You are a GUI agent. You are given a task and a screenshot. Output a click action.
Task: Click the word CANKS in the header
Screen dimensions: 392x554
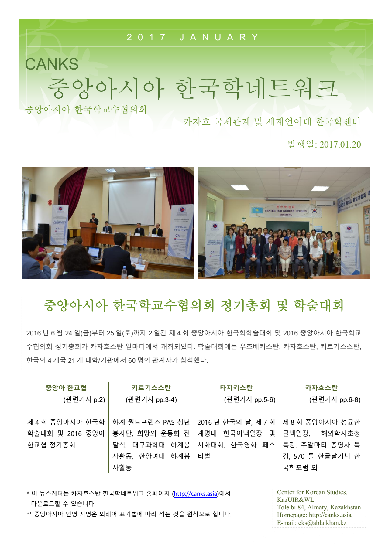(x=52, y=64)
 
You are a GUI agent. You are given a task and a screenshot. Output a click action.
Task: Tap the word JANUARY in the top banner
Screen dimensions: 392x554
(x=219, y=37)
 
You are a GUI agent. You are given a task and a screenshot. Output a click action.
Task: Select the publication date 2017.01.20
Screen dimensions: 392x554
(x=340, y=144)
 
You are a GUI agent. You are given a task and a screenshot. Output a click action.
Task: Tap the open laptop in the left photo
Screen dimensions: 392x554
(x=94, y=253)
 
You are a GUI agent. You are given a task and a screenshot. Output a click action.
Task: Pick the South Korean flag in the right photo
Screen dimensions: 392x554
(x=315, y=210)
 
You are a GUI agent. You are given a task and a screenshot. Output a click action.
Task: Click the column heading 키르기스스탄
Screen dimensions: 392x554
(x=151, y=388)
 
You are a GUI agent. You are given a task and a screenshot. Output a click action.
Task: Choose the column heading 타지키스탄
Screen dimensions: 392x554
(x=236, y=388)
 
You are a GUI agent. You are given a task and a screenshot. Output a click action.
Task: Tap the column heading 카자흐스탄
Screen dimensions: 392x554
(x=321, y=388)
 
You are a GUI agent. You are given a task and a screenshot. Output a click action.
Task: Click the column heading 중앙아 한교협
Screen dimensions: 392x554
(x=66, y=388)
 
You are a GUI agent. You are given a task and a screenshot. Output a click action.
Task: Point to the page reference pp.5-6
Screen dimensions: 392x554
(x=265, y=400)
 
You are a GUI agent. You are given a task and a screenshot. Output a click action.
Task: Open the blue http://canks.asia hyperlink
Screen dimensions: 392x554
(x=195, y=494)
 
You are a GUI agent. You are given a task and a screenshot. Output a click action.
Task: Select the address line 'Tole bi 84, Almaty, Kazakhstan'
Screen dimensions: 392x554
(x=319, y=507)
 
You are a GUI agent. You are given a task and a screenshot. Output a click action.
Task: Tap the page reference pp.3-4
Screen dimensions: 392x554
(x=166, y=400)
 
